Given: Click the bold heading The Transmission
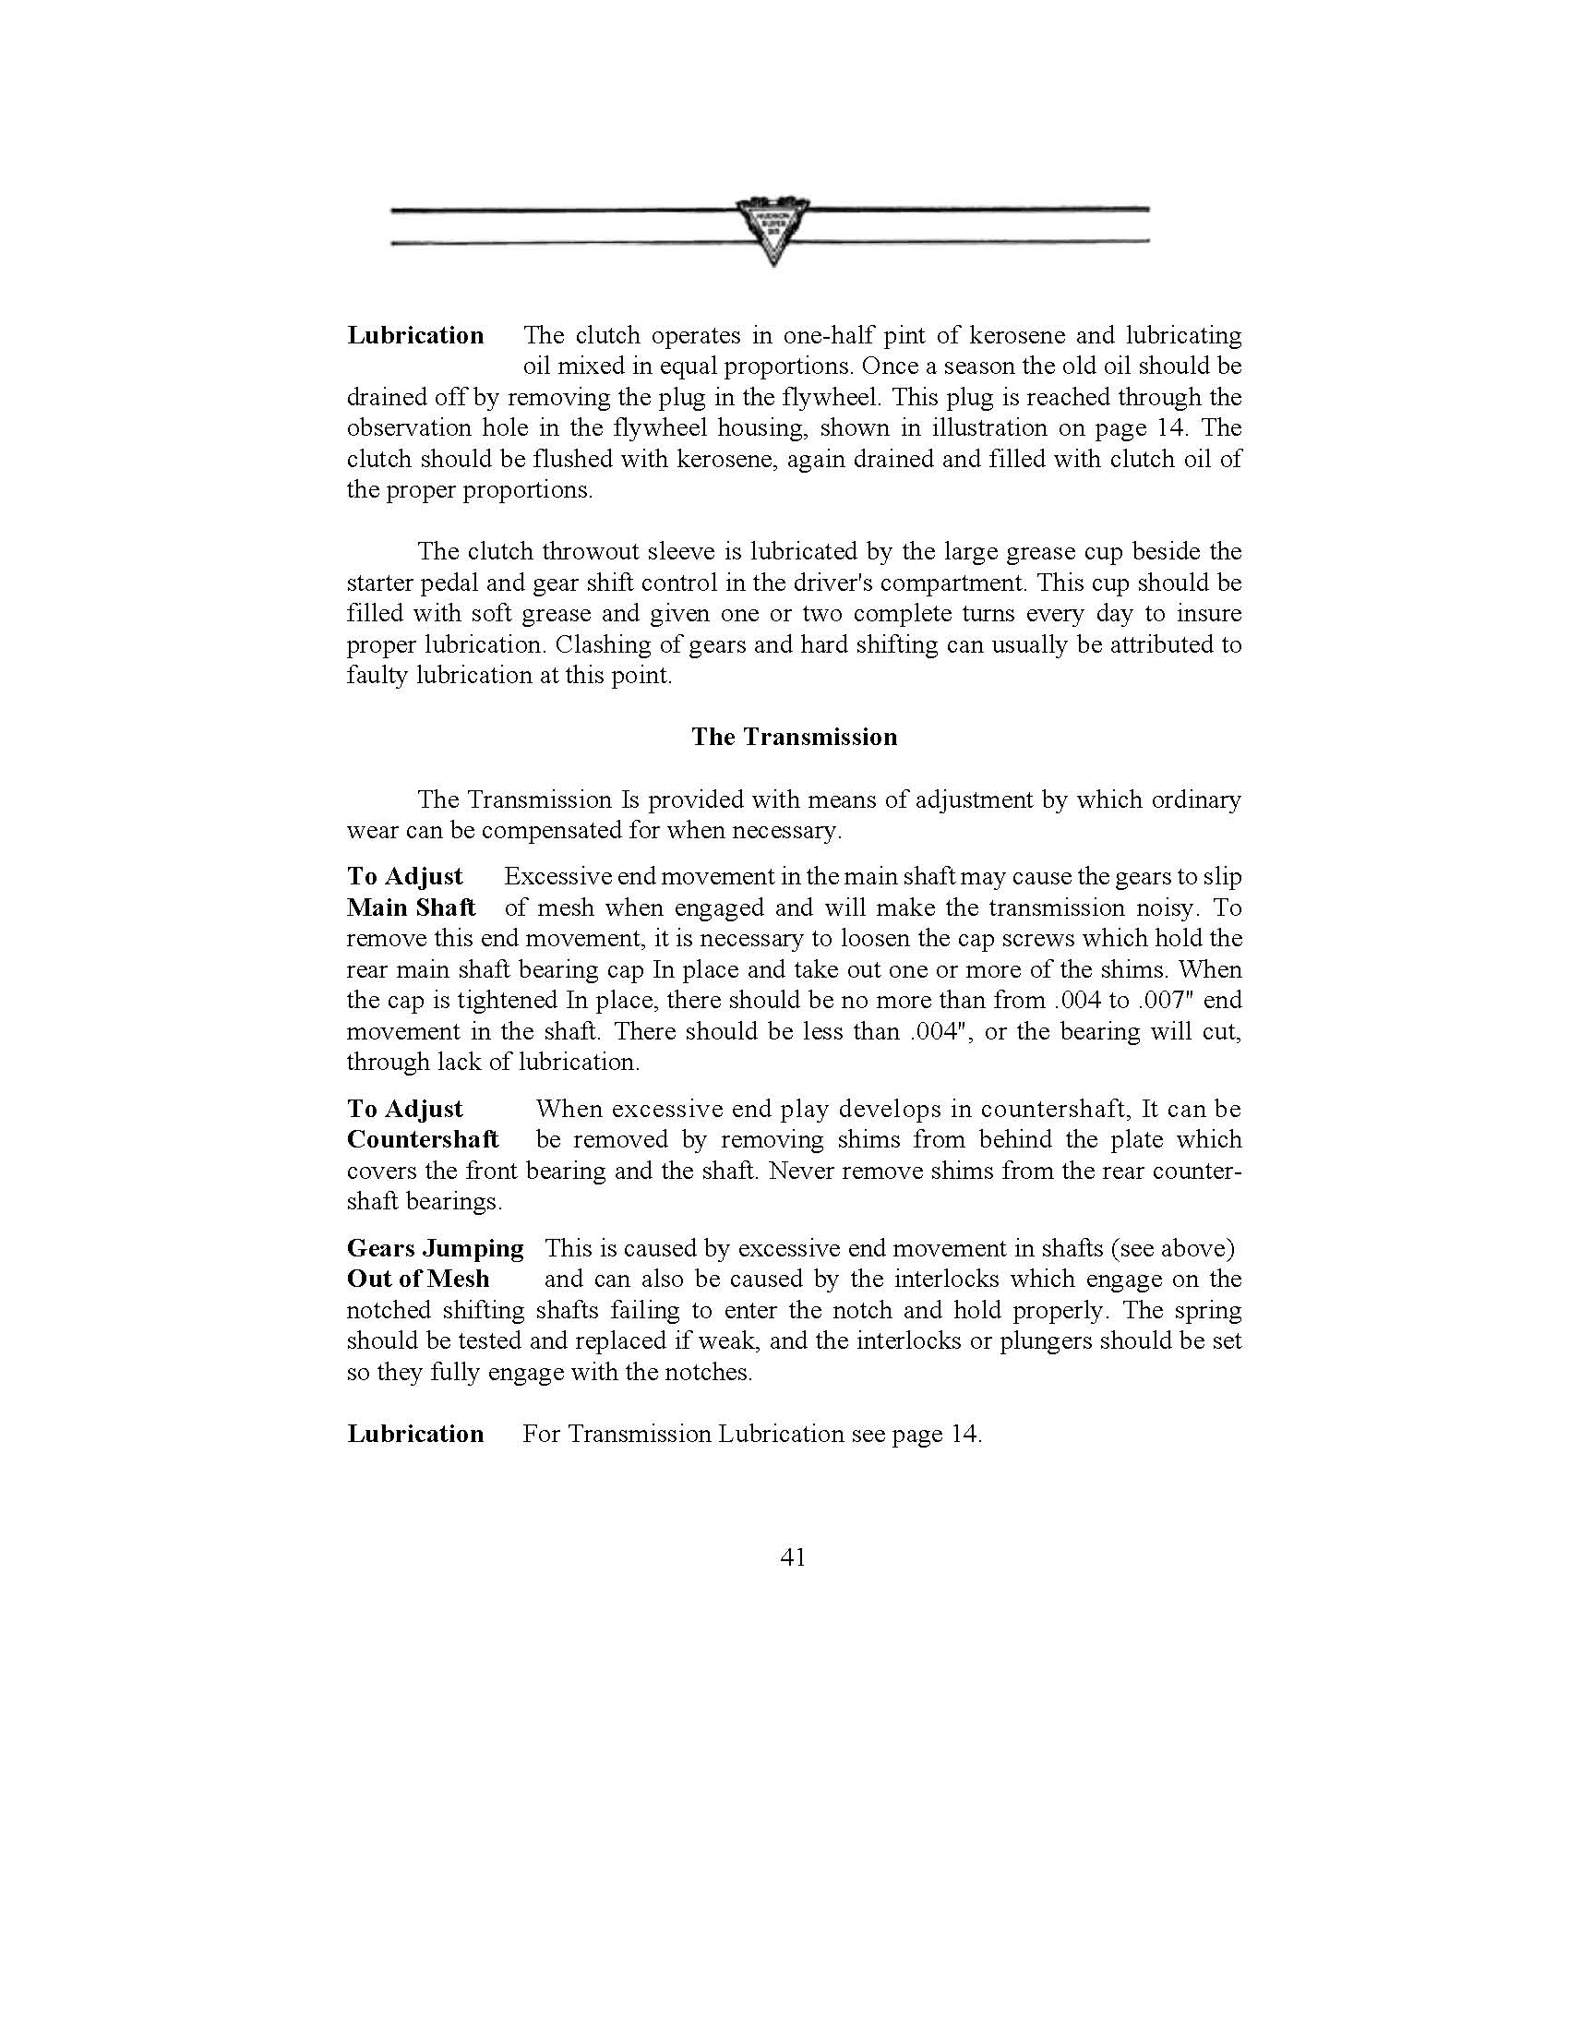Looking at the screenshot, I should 794,738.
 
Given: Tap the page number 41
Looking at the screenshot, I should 793,1557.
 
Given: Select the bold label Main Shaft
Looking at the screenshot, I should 411,907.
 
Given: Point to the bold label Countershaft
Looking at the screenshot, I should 422,1140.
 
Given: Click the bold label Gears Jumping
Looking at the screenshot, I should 435,1249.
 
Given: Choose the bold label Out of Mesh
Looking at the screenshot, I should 417,1280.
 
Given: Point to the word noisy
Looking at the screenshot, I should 1168,907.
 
